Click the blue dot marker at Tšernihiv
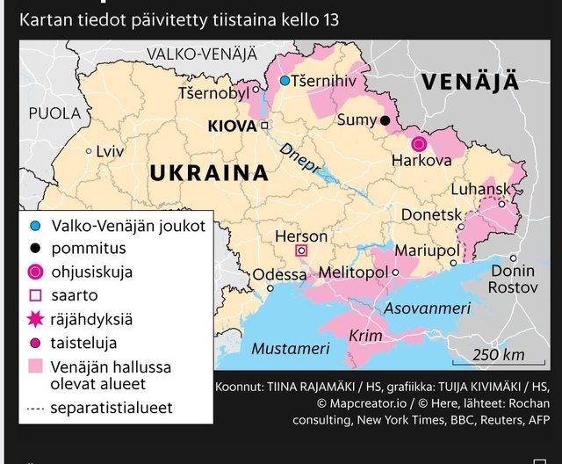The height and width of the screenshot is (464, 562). coord(285,81)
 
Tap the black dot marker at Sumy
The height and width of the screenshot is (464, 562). coord(385,120)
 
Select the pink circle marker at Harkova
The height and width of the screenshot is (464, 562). coord(419,143)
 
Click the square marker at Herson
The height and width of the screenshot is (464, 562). coord(301,250)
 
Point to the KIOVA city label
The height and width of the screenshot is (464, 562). coord(232,127)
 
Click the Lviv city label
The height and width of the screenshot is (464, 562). coord(110,151)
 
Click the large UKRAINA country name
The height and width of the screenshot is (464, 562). coord(208,173)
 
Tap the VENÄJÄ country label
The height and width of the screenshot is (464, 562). coord(470,83)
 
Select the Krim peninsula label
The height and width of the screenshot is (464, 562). coord(365,337)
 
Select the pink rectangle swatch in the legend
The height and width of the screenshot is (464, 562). coord(35,367)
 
